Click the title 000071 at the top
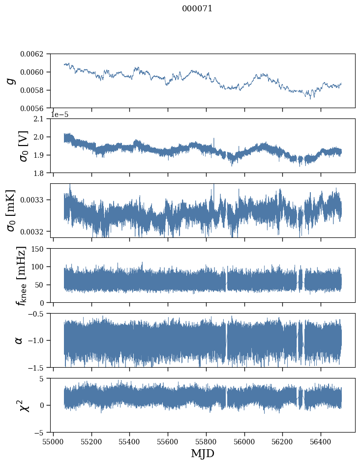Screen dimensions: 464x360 coord(197,8)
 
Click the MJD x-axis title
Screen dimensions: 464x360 coord(203,454)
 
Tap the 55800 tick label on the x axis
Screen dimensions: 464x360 coord(207,442)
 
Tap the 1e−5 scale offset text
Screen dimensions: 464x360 coord(60,115)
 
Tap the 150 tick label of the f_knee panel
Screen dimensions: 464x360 coord(39,249)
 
